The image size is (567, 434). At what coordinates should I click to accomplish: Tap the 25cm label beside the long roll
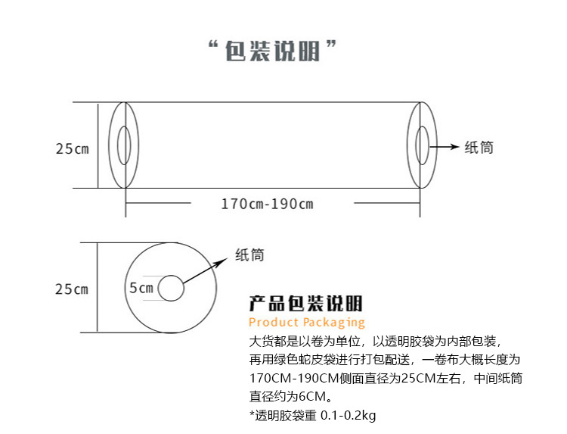[72, 148]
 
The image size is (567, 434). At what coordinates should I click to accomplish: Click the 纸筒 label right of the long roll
[479, 148]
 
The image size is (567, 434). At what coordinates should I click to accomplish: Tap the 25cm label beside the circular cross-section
[72, 289]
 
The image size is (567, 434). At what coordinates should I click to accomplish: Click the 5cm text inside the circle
[141, 288]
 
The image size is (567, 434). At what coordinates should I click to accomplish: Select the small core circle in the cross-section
[172, 289]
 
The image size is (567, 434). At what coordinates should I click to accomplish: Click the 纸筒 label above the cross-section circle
[250, 255]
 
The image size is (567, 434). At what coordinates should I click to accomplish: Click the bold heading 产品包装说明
[306, 304]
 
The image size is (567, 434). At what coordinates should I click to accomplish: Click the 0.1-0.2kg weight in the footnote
[349, 415]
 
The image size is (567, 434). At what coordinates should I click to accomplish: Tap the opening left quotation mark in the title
[213, 47]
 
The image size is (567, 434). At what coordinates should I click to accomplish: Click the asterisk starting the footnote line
[252, 414]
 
